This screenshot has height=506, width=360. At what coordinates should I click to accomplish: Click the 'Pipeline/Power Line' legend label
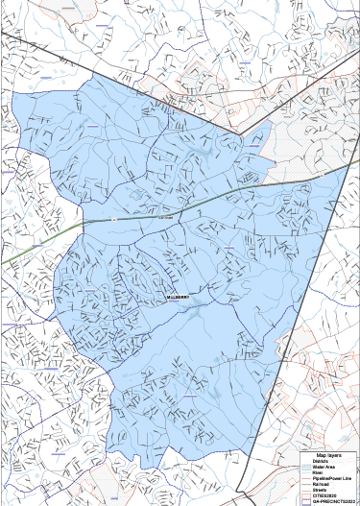coord(332,479)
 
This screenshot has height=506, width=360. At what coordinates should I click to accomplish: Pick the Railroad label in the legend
coord(322,485)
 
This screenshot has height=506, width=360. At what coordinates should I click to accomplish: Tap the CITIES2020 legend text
coord(324,496)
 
